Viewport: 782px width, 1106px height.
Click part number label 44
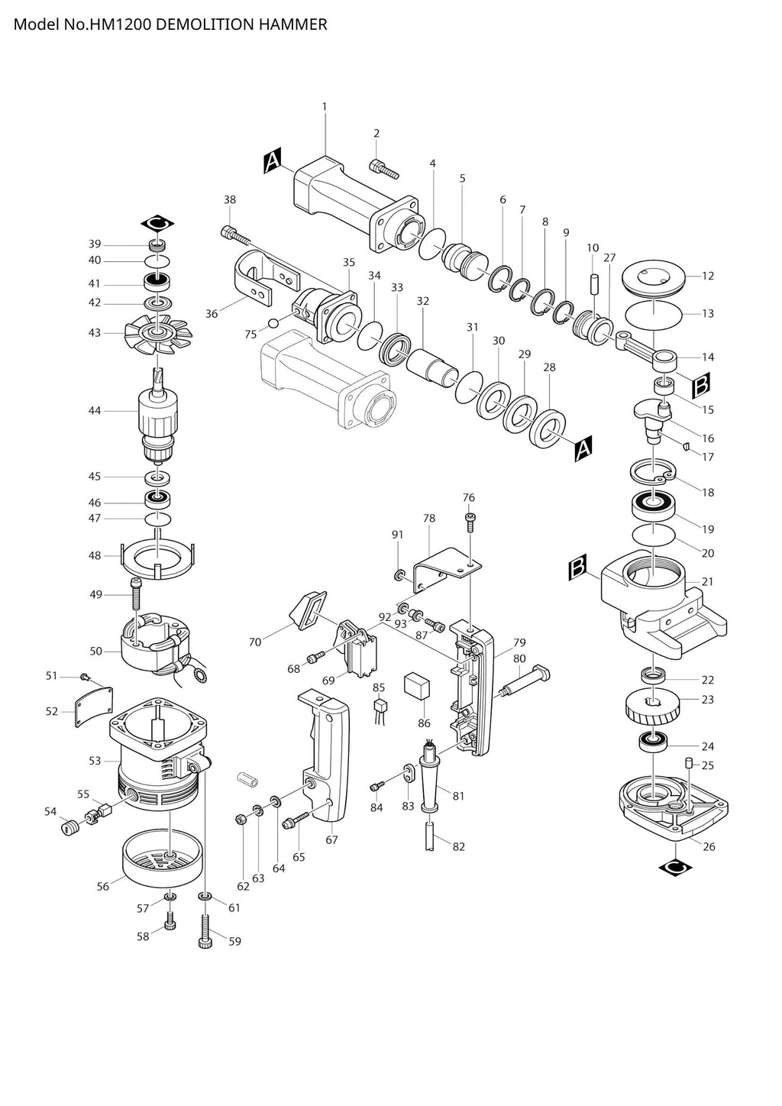[x=95, y=411]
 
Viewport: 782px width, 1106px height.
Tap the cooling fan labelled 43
[x=159, y=332]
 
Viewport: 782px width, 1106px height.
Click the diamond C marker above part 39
[x=158, y=223]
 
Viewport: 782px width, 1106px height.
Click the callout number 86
[x=425, y=723]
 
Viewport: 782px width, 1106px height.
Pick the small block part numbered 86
[x=415, y=685]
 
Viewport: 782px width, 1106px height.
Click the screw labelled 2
[x=384, y=169]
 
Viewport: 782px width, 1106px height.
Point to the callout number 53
[x=95, y=761]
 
